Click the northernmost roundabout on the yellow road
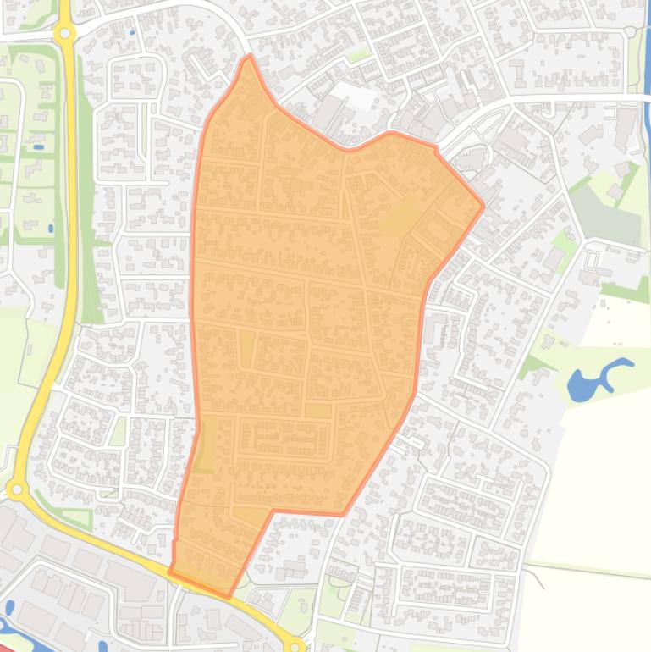(x=64, y=34)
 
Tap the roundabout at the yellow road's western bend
(x=16, y=489)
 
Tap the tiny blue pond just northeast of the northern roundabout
(x=132, y=33)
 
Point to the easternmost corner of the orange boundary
(x=483, y=205)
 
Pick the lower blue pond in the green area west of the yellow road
(x=51, y=228)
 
